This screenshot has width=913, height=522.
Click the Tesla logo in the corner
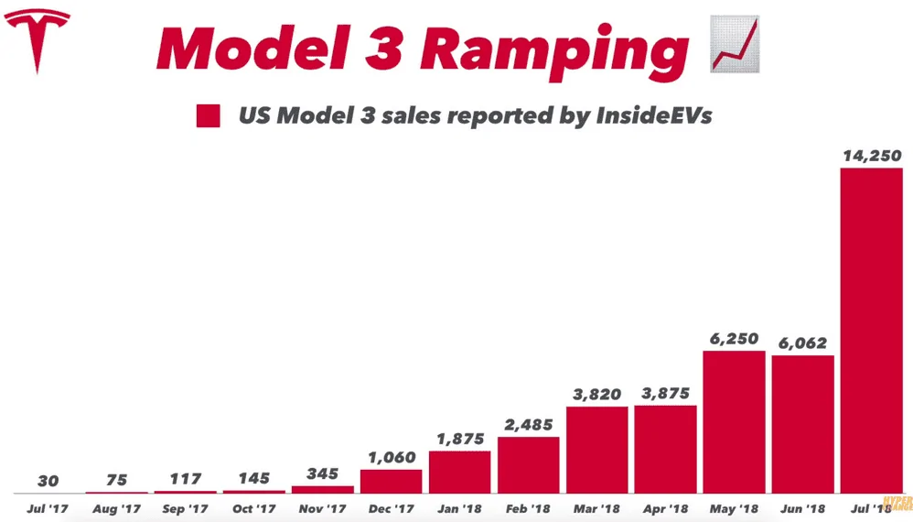38,41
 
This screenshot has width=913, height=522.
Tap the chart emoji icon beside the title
735,44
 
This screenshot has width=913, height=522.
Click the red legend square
208,115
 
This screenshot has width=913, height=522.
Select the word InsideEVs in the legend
654,115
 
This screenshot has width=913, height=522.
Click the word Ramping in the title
554,49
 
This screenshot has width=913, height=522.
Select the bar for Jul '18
871,331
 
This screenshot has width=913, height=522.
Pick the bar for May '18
734,422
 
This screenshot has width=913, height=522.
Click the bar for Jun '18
803,425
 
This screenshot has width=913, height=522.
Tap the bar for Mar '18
596,450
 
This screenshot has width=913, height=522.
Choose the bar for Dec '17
392,481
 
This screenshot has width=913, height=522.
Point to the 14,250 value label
872,156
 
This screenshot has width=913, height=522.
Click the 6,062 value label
802,343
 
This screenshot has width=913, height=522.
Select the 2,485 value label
528,425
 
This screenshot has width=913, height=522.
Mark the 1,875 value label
460,439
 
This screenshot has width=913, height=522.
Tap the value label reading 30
48,481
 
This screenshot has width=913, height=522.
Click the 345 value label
323,473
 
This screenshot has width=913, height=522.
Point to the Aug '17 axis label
116,508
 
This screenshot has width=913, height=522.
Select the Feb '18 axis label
528,508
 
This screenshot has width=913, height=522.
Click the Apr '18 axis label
665,508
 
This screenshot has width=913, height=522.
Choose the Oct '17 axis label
254,508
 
